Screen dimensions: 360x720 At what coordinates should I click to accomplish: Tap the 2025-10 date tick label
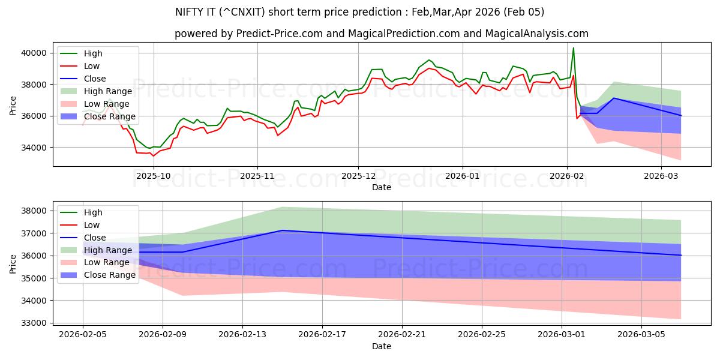tap(154, 175)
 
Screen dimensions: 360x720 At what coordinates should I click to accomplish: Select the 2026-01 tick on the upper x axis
tap(462, 175)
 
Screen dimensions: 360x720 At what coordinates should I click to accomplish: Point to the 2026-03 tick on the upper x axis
tap(661, 175)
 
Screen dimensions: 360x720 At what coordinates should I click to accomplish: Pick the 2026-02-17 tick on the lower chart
tap(322, 335)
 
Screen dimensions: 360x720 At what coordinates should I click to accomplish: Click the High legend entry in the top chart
tap(93, 53)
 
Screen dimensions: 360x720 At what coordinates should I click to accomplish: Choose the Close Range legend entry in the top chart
tap(109, 116)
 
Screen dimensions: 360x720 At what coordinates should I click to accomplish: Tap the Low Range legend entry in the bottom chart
tap(106, 262)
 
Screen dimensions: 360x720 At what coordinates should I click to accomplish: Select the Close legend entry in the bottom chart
tap(95, 238)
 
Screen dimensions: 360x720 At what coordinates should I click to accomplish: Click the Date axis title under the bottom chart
tap(382, 346)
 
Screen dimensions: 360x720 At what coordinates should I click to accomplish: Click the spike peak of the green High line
tap(573, 48)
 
